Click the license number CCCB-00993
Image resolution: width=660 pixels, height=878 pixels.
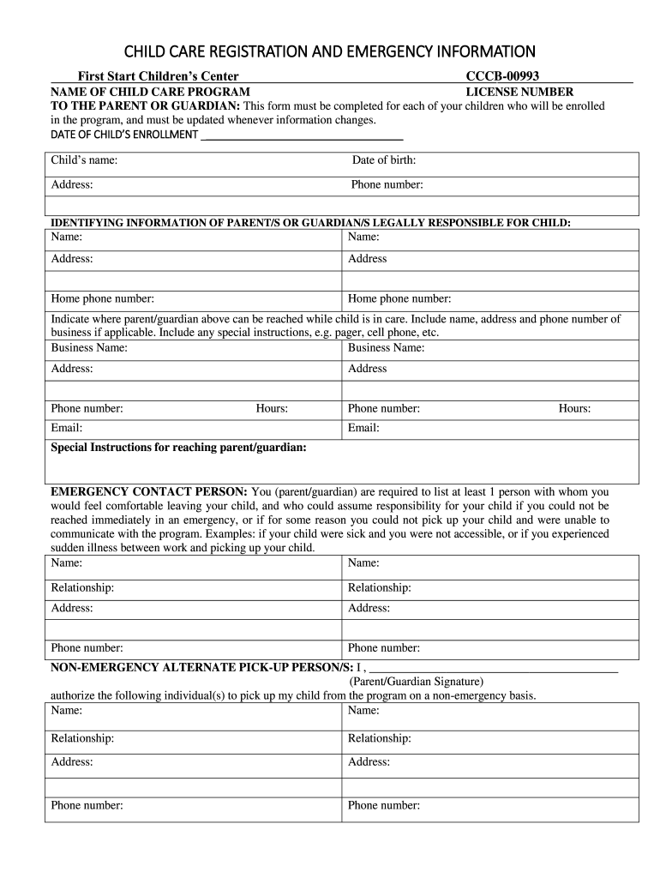click(x=502, y=77)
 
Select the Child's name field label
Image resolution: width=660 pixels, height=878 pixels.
click(x=84, y=160)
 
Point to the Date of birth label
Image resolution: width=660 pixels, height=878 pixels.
click(x=384, y=160)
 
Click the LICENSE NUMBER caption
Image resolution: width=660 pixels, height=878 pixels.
click(x=519, y=92)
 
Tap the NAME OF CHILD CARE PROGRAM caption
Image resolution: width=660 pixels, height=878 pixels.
click(x=151, y=92)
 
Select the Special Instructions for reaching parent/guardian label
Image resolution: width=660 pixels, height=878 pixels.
click(x=179, y=448)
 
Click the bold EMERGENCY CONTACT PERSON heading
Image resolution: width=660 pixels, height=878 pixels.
click(x=149, y=492)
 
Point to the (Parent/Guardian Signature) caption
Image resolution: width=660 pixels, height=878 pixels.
click(x=417, y=682)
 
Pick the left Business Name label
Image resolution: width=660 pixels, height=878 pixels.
click(x=89, y=348)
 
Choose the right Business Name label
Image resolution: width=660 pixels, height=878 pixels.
click(x=386, y=348)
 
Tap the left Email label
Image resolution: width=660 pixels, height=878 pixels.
click(x=67, y=428)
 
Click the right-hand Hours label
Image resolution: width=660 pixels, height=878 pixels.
click(x=574, y=409)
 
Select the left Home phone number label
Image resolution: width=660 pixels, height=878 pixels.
click(x=103, y=299)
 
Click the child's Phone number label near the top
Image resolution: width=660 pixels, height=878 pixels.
click(x=387, y=185)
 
